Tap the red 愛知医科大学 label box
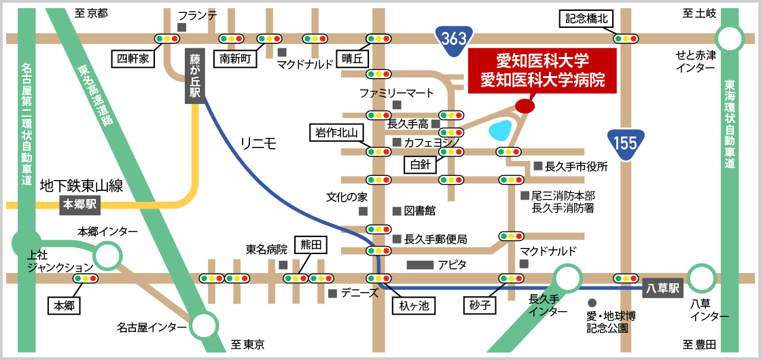tap(542, 71)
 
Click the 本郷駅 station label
tap(80, 204)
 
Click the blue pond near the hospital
tap(501, 128)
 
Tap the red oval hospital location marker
tap(525, 106)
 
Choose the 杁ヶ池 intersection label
tap(414, 306)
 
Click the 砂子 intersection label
tap(479, 306)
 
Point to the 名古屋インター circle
tap(203, 326)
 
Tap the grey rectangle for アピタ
tap(419, 264)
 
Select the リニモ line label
tap(258, 143)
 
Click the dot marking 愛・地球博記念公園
tap(592, 303)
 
